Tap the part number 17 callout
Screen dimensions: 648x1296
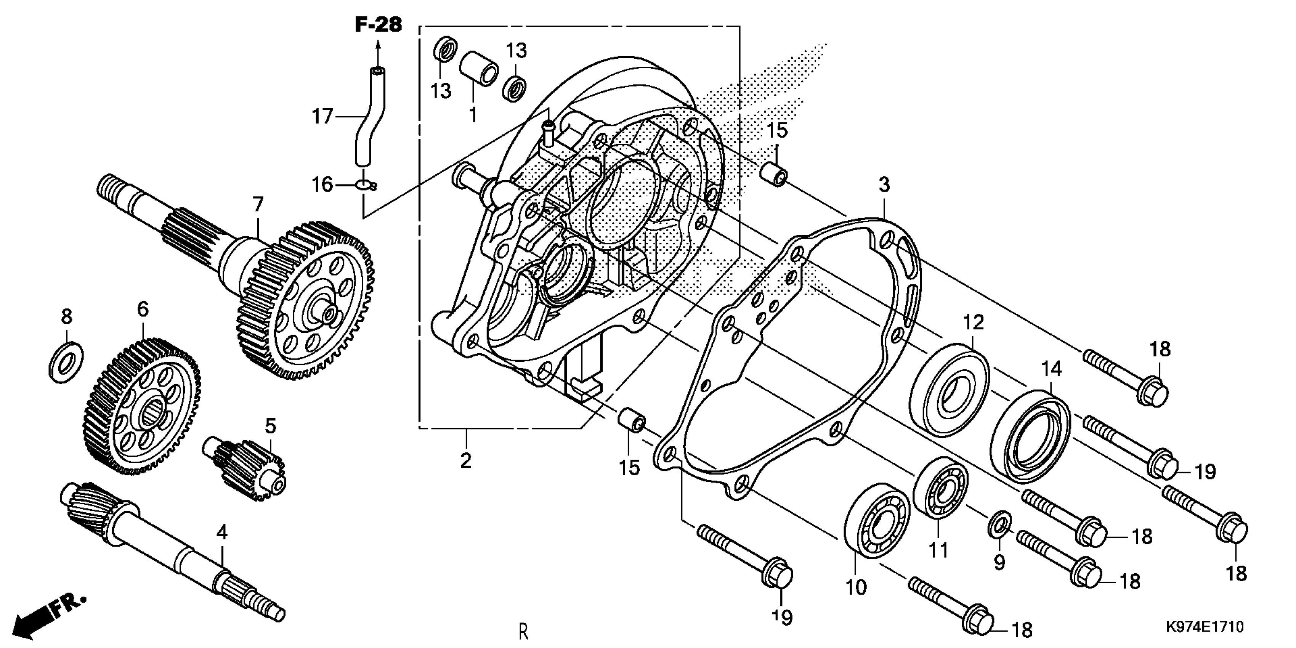point(322,117)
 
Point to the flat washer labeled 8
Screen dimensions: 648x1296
point(66,361)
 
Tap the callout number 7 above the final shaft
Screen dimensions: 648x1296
point(258,205)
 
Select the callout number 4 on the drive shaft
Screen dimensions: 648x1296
point(222,532)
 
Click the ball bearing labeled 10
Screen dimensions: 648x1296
point(878,520)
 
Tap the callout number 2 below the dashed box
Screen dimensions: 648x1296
point(466,460)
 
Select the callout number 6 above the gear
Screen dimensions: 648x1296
point(143,309)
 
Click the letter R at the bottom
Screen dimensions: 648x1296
point(523,631)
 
